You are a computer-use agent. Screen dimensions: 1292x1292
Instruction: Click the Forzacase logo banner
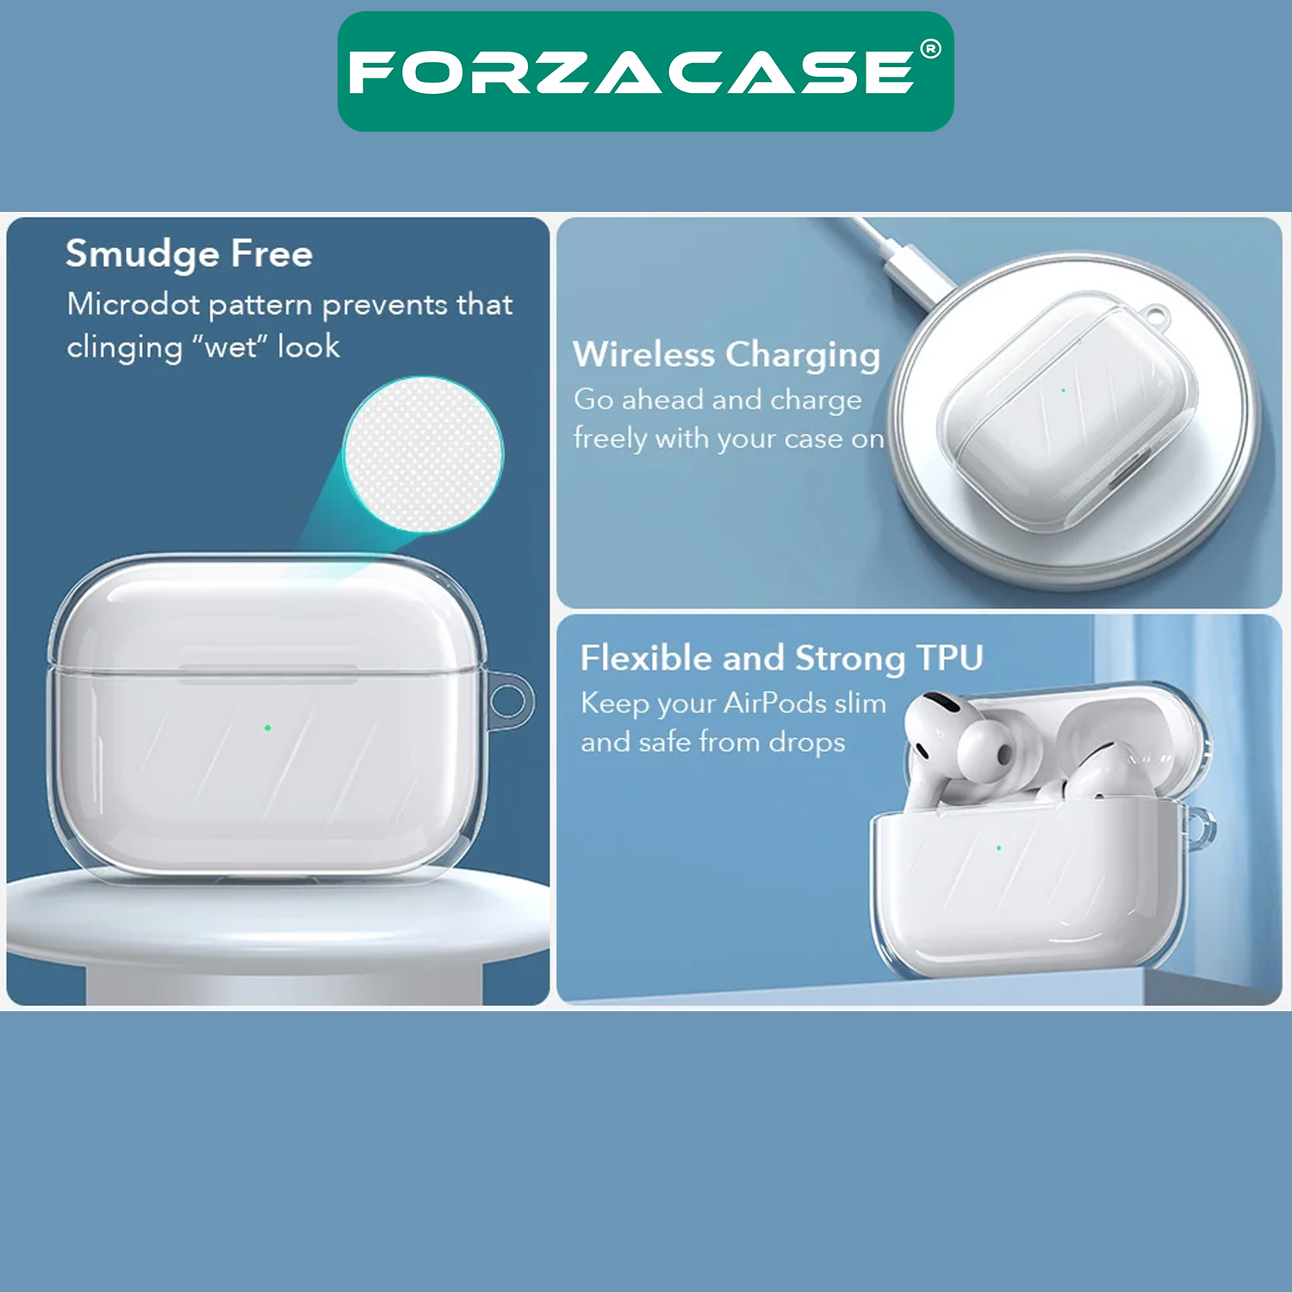click(645, 71)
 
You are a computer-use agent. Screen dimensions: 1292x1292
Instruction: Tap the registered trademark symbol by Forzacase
click(930, 49)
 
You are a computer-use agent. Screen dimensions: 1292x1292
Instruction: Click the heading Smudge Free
click(189, 255)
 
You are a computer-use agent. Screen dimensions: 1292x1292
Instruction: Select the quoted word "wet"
click(230, 346)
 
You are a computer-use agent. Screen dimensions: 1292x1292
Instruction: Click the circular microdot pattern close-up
click(423, 454)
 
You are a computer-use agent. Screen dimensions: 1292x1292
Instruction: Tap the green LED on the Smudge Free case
click(268, 728)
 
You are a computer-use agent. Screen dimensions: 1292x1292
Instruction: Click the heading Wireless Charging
click(726, 355)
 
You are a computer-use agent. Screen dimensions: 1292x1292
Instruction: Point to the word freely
click(611, 439)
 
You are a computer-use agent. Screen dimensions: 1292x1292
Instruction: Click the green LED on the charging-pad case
click(1063, 391)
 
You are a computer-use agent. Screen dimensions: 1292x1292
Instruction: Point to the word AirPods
click(774, 703)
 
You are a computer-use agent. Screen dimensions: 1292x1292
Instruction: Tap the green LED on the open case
click(998, 848)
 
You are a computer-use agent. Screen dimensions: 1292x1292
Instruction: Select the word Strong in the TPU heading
click(849, 660)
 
